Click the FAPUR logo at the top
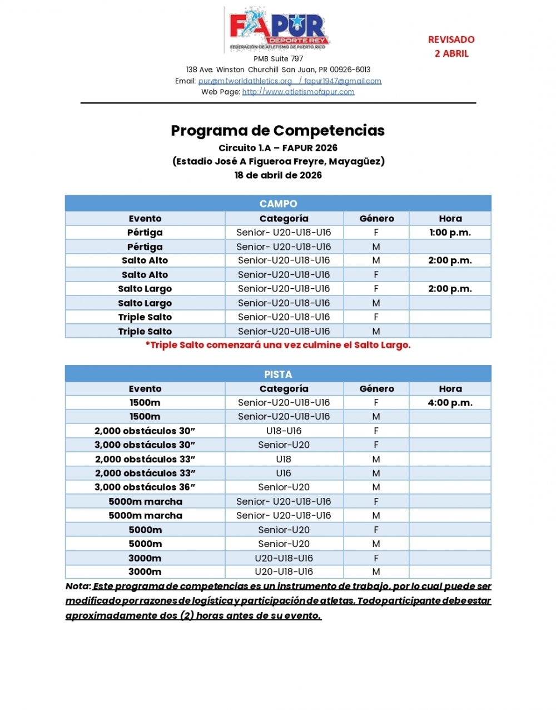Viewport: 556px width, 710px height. [279, 29]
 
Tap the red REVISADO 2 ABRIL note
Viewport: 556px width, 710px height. [451, 46]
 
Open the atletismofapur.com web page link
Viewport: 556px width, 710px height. [298, 92]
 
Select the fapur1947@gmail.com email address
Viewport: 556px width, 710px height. [342, 81]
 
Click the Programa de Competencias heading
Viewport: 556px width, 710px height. [278, 131]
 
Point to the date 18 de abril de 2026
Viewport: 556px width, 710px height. [278, 175]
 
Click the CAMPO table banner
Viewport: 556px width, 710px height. [278, 204]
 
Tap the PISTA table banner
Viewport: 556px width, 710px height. [278, 374]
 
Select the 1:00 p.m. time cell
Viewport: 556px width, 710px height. [450, 233]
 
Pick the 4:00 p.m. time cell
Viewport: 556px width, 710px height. [450, 403]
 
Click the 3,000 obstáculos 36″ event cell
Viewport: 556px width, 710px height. [145, 487]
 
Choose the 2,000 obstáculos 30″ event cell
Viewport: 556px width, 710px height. [145, 431]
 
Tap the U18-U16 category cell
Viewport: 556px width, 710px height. [284, 431]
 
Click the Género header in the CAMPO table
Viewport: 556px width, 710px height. [376, 219]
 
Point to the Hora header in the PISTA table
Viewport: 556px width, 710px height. [450, 389]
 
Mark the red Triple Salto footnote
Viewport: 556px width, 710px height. [278, 345]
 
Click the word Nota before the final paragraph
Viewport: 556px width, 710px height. [78, 586]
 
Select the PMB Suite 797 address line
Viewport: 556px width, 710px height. [278, 59]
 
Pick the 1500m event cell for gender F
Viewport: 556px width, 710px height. [145, 403]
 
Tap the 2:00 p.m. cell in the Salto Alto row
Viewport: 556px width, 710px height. [450, 260]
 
